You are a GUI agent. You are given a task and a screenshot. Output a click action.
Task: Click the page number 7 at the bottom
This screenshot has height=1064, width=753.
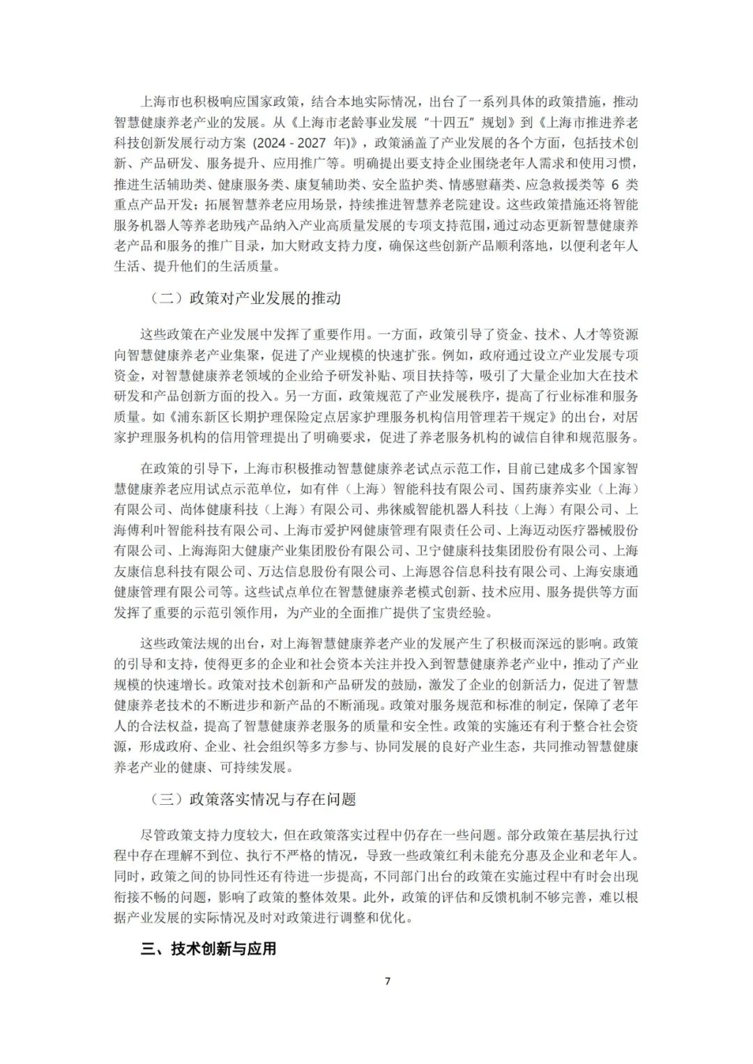click(x=388, y=981)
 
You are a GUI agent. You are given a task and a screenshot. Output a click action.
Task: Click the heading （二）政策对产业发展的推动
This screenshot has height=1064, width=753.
click(x=246, y=298)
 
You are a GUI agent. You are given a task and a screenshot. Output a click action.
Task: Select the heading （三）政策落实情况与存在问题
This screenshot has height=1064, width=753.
click(x=254, y=799)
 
